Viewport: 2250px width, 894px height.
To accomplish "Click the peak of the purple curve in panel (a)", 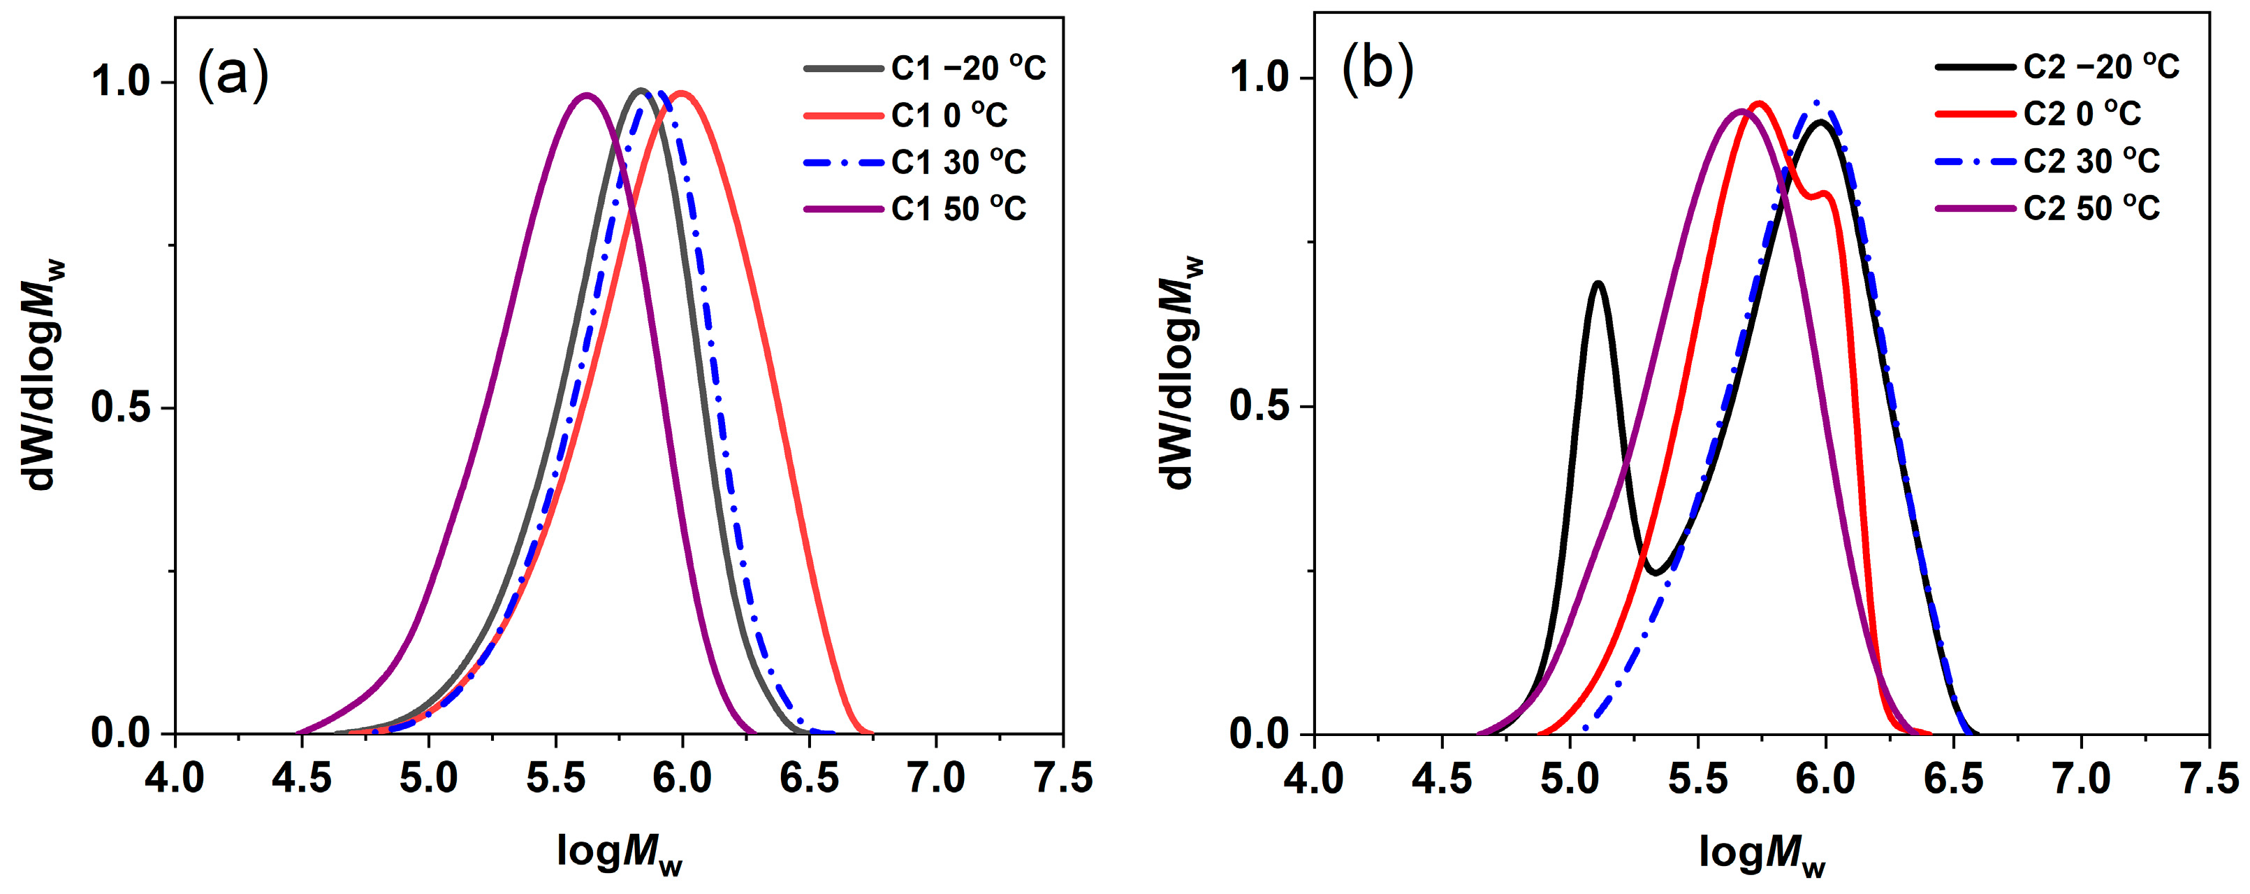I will [x=586, y=94].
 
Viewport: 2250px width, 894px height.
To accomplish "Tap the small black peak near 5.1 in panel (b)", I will [x=1598, y=283].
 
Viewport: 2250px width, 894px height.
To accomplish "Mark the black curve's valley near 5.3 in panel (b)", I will [x=1653, y=573].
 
